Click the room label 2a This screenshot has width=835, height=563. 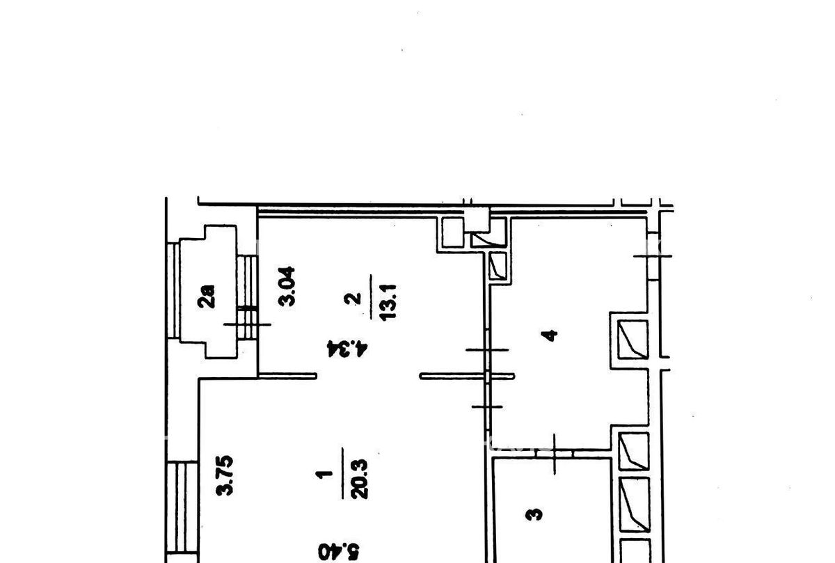click(207, 296)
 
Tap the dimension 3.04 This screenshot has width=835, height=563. click(287, 286)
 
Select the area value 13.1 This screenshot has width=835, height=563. click(388, 301)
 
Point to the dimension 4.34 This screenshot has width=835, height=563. click(347, 349)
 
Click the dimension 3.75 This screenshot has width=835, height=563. click(225, 475)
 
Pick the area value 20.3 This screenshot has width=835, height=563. click(359, 479)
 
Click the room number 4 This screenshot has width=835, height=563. click(551, 335)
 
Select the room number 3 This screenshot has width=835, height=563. click(534, 514)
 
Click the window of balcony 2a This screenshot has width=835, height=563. click(173, 290)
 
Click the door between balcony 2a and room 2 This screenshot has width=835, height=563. click(247, 297)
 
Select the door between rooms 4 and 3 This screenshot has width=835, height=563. click(555, 454)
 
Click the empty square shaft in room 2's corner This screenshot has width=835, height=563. click(453, 232)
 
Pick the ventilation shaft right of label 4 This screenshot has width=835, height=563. click(633, 340)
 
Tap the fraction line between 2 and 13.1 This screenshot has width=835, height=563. click(371, 296)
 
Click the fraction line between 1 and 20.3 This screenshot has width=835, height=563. click(342, 473)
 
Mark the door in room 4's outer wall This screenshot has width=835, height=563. click(653, 256)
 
